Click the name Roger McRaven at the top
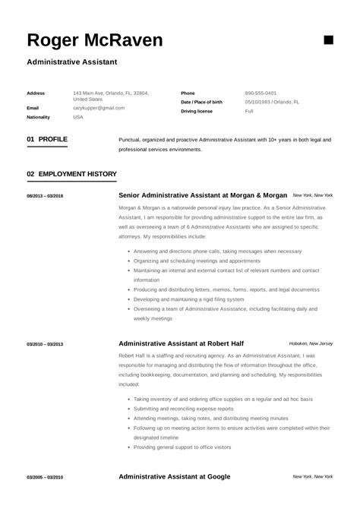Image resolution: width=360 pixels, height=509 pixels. point(94,40)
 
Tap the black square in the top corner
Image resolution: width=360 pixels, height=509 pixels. point(329,40)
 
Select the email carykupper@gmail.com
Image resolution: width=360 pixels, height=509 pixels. point(99,108)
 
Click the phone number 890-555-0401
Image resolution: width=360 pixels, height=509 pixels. point(261,93)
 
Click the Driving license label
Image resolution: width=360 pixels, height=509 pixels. point(197,111)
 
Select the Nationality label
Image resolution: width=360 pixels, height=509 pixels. point(38,117)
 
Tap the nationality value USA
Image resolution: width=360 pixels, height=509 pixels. point(78,117)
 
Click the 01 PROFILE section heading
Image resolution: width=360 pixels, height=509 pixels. point(47,140)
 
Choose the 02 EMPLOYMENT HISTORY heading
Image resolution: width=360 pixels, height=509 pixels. point(71,174)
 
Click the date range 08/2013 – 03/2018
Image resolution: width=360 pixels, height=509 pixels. point(45,196)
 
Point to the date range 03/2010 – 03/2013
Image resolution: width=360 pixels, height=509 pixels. point(45,344)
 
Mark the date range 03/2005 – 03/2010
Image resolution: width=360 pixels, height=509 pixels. point(45,477)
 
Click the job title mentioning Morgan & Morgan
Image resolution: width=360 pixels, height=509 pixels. point(202,195)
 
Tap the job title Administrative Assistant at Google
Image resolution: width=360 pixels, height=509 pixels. point(174,476)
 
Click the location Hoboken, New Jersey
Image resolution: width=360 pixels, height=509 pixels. point(311,343)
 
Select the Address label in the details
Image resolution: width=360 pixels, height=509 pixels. point(36,93)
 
